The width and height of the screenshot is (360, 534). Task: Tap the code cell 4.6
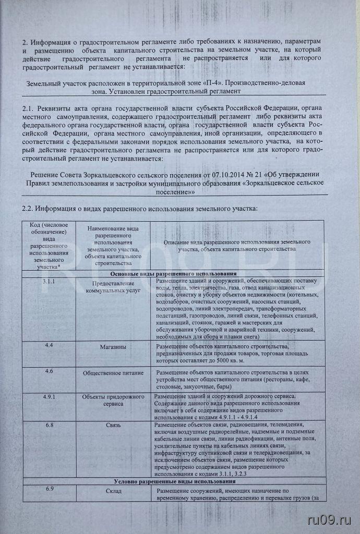point(50,371)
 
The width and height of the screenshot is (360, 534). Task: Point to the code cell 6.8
point(50,425)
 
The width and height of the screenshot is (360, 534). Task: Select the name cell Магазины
point(110,347)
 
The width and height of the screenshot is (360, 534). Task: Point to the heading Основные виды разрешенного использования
point(174,274)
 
